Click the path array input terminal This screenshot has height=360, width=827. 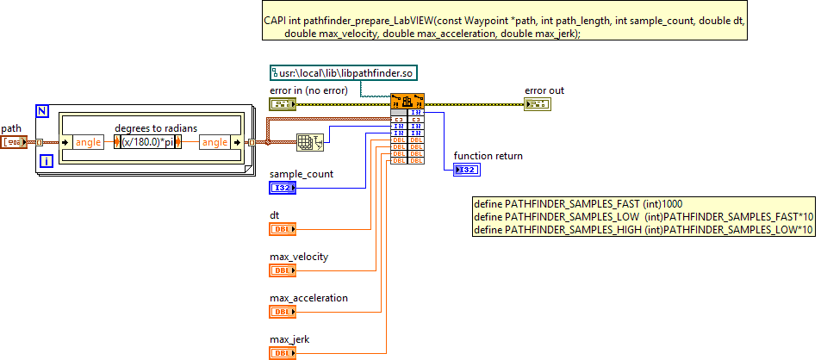pos(14,142)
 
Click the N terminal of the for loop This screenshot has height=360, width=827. pos(43,110)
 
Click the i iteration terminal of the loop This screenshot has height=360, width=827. pos(46,160)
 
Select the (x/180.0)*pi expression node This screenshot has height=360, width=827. pos(147,142)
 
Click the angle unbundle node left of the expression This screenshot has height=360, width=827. pos(86,142)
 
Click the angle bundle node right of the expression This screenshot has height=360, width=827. pos(215,142)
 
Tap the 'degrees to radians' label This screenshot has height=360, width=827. pos(156,128)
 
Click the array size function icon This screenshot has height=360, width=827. pos(309,142)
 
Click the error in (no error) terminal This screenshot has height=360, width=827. pos(283,104)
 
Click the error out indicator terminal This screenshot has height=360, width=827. pos(538,104)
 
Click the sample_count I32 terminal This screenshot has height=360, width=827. pos(283,188)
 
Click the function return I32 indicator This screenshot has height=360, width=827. pos(466,170)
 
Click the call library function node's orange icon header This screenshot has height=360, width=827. pos(407,100)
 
